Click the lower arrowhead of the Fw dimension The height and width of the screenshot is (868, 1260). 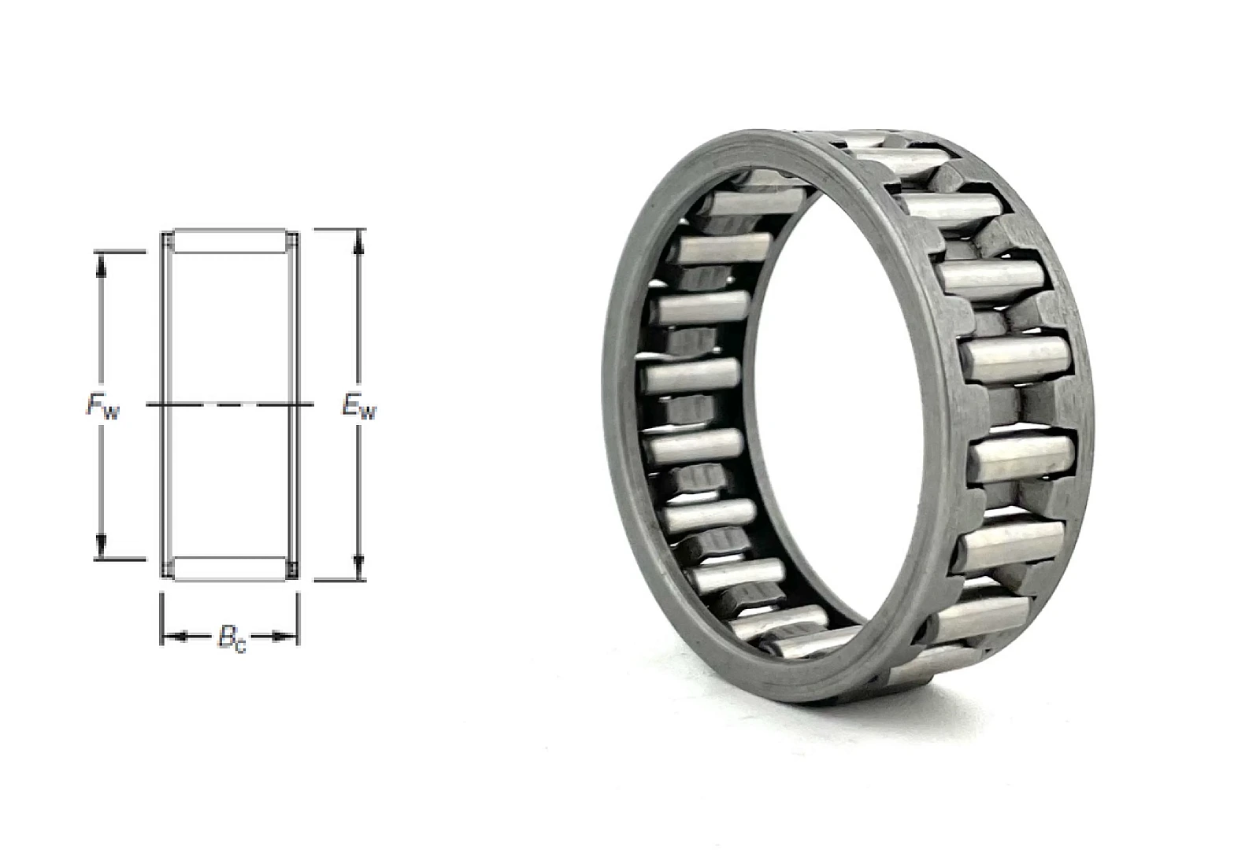pos(102,546)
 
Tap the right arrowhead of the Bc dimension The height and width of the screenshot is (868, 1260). pos(285,637)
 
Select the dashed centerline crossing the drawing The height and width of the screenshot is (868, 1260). pos(230,404)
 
